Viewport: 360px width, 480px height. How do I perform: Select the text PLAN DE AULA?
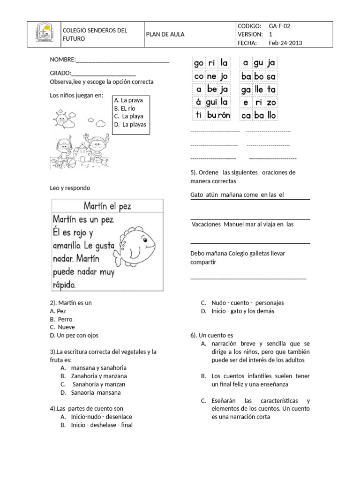pyautogui.click(x=165, y=35)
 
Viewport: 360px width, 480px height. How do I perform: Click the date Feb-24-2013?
pyautogui.click(x=285, y=43)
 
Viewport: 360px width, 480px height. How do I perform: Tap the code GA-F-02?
pyautogui.click(x=283, y=26)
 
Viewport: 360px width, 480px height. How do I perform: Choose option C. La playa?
pyautogui.click(x=128, y=116)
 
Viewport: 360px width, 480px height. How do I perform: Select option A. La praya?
pyautogui.click(x=128, y=100)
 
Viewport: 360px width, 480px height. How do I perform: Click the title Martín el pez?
pyautogui.click(x=107, y=206)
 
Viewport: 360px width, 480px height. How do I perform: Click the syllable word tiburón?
pyautogui.click(x=211, y=115)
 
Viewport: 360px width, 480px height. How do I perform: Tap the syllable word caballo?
pyautogui.click(x=258, y=115)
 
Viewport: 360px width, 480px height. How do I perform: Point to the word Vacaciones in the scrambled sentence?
pyautogui.click(x=206, y=225)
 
